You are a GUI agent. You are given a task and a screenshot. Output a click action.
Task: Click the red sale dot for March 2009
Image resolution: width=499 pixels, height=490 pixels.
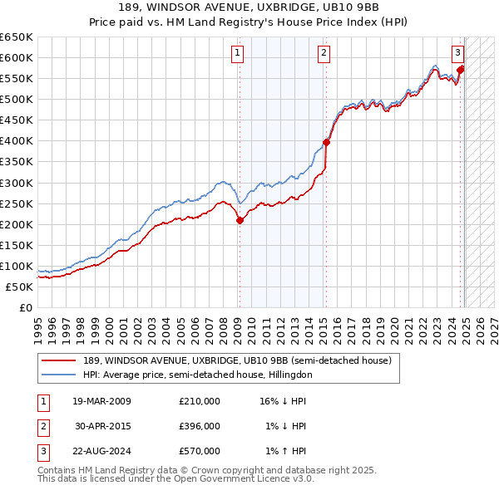pyautogui.click(x=240, y=220)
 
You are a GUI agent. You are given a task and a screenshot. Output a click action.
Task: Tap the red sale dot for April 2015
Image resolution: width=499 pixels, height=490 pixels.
pyautogui.click(x=326, y=142)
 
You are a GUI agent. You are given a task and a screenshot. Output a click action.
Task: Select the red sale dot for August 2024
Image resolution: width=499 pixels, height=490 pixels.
pyautogui.click(x=461, y=70)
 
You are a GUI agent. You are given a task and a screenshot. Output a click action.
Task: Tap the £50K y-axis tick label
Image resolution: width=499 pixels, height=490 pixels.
pyautogui.click(x=20, y=287)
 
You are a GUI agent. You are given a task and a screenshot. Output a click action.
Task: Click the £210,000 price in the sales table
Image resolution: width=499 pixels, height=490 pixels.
pyautogui.click(x=200, y=401)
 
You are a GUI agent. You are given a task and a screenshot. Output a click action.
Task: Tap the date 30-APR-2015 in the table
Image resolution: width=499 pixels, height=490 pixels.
pyautogui.click(x=101, y=426)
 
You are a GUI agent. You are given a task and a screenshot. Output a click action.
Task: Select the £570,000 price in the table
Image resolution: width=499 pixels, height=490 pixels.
pyautogui.click(x=200, y=451)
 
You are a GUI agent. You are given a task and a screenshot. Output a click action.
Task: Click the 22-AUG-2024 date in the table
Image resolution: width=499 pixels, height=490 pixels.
pyautogui.click(x=101, y=451)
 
